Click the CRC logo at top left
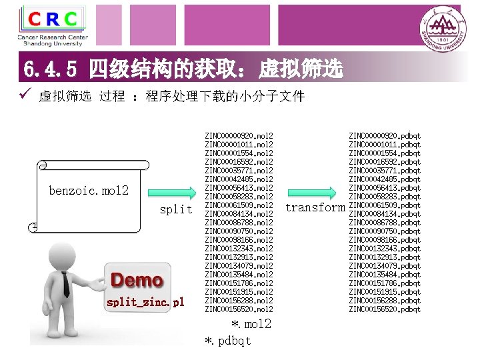53,25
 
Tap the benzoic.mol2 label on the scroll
89,191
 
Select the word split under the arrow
177,209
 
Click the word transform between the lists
315,207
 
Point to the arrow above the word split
173,191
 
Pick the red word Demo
137,281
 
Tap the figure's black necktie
66,285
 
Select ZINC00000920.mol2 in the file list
239,136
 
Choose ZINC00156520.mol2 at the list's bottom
239,309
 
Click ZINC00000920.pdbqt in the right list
385,136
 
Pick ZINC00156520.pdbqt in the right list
385,309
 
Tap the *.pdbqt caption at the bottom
229,341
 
